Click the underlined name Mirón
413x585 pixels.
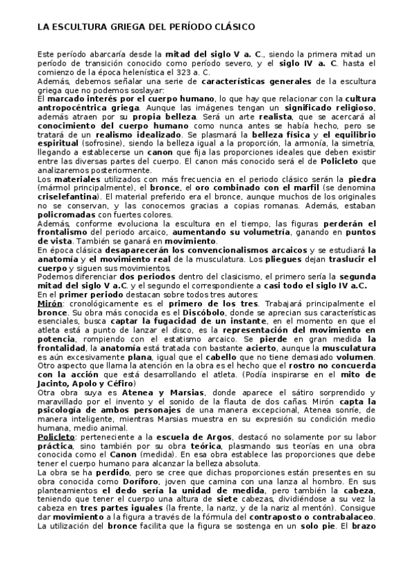coord(50,303)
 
